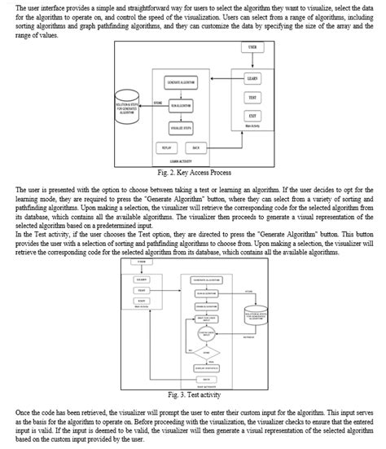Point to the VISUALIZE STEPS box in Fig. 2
tap(180, 128)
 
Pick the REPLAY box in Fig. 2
tap(167, 147)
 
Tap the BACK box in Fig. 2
tap(196, 147)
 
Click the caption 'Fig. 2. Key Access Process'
tap(192, 174)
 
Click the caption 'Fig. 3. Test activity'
tap(192, 394)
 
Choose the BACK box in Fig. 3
tap(205, 379)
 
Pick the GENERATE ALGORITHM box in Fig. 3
tap(205, 280)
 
